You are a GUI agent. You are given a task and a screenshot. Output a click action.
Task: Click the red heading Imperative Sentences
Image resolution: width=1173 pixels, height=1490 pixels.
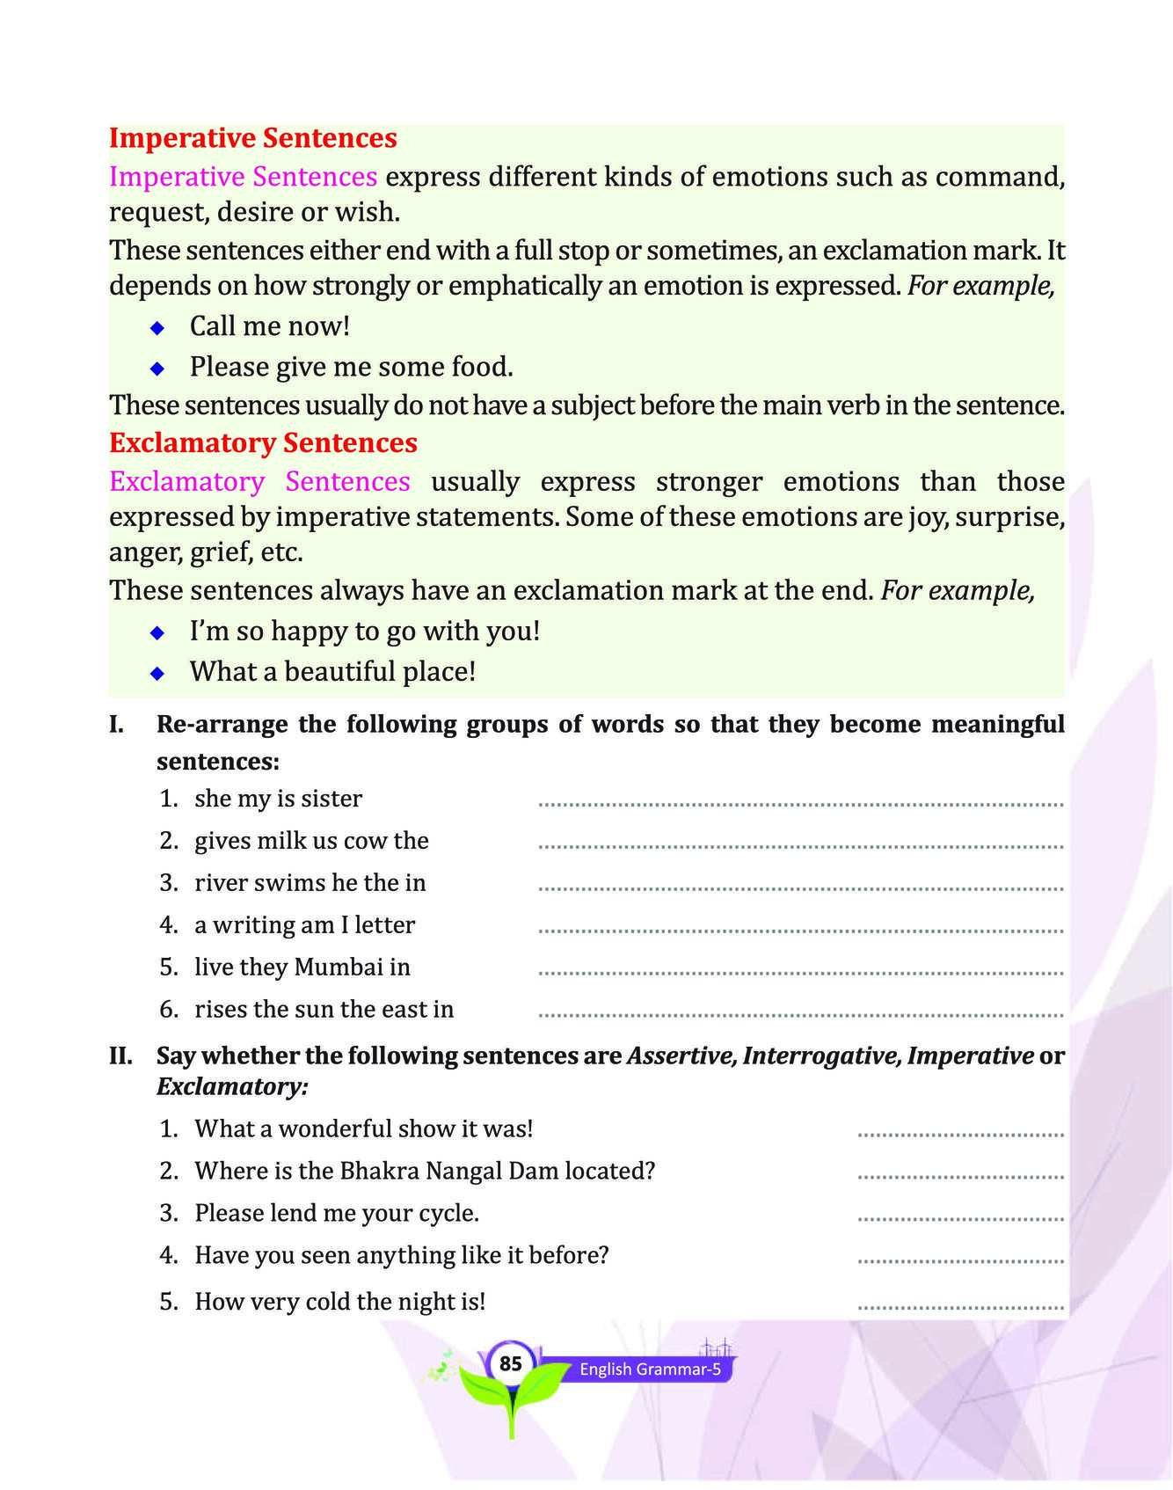[x=253, y=138]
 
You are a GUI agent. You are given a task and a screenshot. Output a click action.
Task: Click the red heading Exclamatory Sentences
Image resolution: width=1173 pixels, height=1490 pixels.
[x=263, y=442]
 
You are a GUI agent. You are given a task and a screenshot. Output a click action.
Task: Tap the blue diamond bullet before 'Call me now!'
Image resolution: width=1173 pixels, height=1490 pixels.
[x=157, y=328]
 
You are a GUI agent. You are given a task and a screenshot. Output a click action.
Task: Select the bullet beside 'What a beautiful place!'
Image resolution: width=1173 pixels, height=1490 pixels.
[x=157, y=674]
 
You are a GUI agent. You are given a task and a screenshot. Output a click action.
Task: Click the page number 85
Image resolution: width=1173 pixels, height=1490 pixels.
[x=510, y=1363]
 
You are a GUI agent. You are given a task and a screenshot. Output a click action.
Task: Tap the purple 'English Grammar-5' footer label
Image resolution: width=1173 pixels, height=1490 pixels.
[x=650, y=1369]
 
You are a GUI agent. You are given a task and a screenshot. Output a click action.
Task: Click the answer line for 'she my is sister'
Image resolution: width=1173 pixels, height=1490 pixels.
[x=800, y=804]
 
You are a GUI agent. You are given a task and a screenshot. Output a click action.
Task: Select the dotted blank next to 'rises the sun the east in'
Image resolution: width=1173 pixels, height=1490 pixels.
[x=800, y=1015]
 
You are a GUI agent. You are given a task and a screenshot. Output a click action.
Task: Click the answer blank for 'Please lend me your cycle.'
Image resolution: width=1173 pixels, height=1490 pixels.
[x=960, y=1219]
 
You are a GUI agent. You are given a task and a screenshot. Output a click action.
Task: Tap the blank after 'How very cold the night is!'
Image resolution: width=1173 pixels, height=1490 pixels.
[x=960, y=1308]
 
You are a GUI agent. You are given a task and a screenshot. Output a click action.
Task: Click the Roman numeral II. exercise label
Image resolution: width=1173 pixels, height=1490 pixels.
[x=120, y=1055]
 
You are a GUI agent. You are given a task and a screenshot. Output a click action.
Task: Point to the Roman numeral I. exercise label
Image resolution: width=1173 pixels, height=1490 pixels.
[x=116, y=725]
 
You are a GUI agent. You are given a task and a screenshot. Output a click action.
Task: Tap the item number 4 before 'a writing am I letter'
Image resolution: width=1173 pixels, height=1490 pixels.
[x=169, y=924]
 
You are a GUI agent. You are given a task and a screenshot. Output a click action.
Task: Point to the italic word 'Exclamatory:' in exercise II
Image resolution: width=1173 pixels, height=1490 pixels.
[x=232, y=1087]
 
